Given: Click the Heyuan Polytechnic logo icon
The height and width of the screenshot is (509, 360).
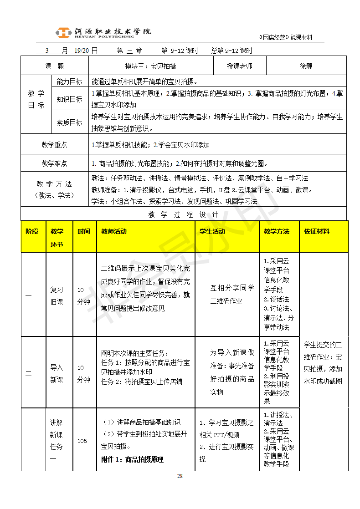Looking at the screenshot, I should (x=63, y=32).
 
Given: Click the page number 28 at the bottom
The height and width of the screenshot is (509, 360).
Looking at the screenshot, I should (x=180, y=476).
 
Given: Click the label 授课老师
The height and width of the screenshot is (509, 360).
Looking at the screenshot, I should (x=240, y=66).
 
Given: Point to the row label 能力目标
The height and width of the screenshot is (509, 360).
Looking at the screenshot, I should (x=69, y=82).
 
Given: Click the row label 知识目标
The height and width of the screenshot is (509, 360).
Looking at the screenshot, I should (x=69, y=99).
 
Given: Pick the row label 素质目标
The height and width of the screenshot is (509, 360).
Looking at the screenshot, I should (x=69, y=122).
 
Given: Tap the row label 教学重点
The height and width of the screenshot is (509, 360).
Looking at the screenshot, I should (x=55, y=145).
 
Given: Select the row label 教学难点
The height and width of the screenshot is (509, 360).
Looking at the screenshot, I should (x=55, y=163).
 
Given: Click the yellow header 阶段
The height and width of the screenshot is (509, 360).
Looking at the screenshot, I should (x=32, y=231).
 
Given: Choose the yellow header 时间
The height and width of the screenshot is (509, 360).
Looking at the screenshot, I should (x=84, y=231).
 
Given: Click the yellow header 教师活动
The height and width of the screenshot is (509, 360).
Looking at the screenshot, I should (x=114, y=231).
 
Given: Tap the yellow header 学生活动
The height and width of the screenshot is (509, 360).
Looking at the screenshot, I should (x=212, y=231).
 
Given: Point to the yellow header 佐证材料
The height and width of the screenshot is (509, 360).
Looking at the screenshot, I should (x=317, y=231).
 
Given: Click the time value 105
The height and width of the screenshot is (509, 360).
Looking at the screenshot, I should (x=82, y=440).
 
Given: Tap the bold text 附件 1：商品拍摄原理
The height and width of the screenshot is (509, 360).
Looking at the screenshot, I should (x=132, y=459).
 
